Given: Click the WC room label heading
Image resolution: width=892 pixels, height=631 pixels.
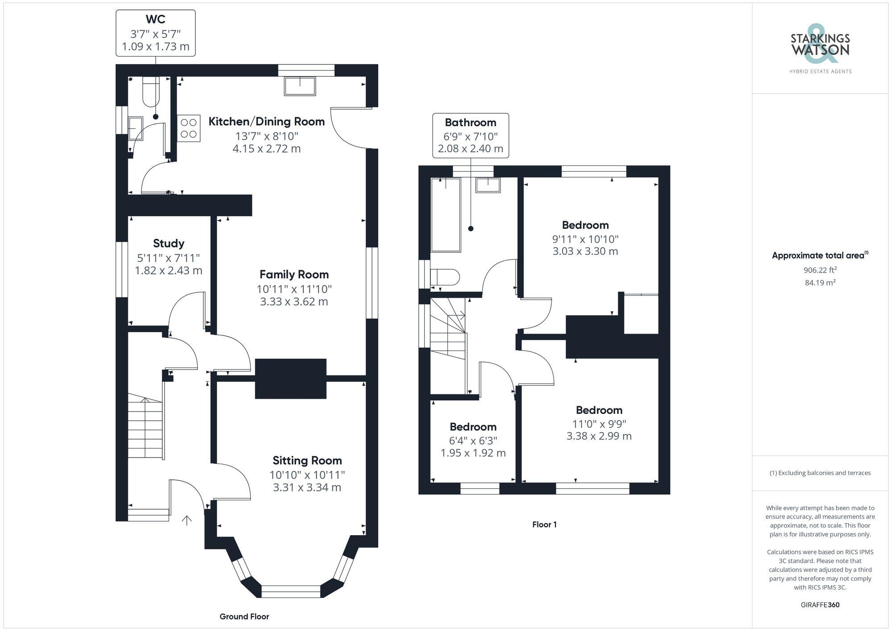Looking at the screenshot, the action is click(x=155, y=19).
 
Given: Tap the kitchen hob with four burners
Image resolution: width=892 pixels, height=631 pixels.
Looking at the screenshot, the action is click(x=189, y=128).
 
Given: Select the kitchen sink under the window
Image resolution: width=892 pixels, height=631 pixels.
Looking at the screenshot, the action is click(x=300, y=86).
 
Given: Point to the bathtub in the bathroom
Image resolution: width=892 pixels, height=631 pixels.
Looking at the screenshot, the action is click(x=446, y=214).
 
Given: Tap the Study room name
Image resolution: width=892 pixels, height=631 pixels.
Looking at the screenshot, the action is click(x=168, y=243).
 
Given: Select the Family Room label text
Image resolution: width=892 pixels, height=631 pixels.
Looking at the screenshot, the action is click(x=294, y=275).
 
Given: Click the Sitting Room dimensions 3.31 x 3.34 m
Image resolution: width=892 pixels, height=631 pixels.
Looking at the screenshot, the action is click(x=307, y=487).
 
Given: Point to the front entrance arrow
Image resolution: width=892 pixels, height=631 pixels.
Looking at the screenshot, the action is click(x=187, y=520).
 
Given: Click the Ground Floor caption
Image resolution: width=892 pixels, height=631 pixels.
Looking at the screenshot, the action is click(x=244, y=617).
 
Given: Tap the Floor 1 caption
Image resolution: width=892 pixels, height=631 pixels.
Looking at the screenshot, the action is click(x=544, y=524).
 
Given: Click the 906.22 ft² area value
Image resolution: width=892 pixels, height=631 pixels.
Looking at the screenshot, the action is click(x=820, y=270).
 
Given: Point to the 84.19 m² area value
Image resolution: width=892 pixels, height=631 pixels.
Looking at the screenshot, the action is click(x=820, y=282).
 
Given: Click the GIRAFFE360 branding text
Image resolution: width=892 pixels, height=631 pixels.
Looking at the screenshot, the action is click(x=820, y=605).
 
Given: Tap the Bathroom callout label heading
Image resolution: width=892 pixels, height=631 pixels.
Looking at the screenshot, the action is click(x=470, y=123).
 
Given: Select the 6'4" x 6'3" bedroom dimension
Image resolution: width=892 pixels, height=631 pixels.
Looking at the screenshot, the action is click(x=473, y=441).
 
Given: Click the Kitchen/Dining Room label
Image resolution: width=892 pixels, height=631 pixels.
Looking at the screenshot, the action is click(x=266, y=121).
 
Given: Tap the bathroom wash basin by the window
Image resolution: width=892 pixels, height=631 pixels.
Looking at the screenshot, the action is click(x=488, y=185).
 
